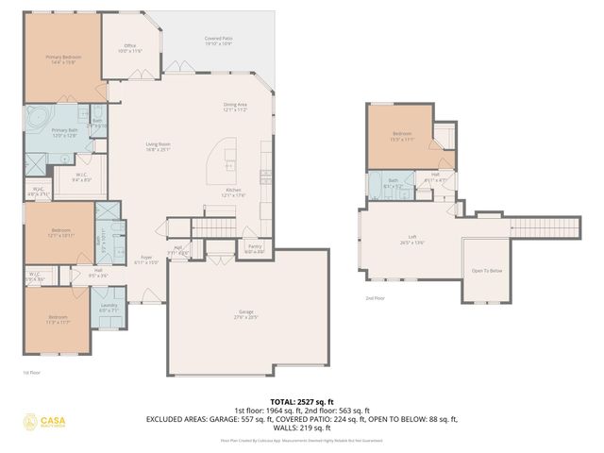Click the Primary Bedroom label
64,59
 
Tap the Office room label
130,48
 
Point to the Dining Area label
235,107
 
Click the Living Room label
157,146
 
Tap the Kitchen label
232,193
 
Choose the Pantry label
255,250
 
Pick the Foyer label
146,260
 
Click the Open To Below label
486,271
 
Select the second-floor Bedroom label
402,136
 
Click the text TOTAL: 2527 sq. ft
301,402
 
